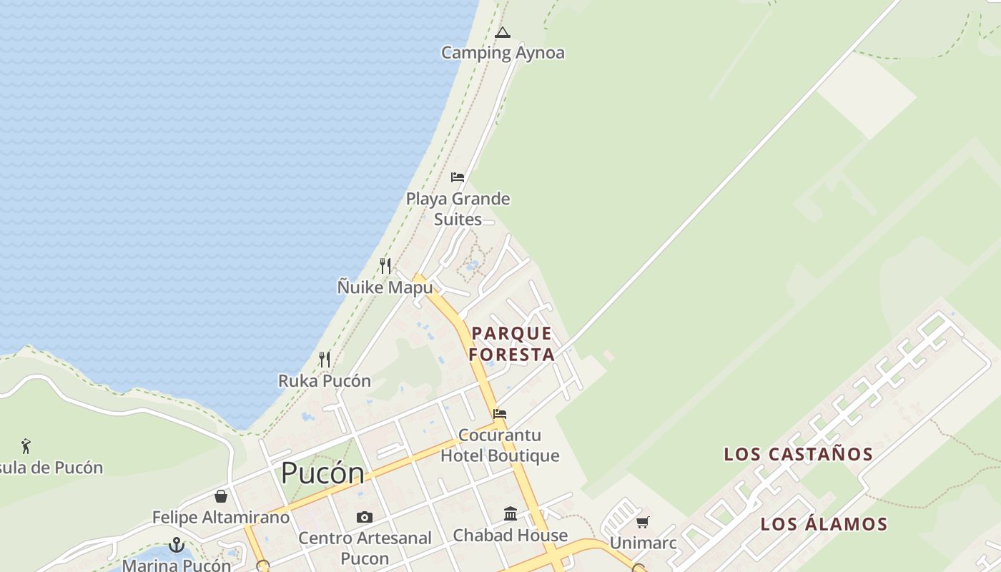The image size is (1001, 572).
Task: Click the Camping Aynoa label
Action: tap(502, 53)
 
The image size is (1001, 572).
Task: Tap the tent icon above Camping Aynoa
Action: tap(503, 32)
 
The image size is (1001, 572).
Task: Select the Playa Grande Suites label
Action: tap(458, 209)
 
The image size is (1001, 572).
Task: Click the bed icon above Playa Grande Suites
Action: tap(458, 177)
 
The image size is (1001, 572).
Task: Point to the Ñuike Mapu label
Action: tap(385, 287)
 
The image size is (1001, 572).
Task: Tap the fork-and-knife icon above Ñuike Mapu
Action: tap(385, 266)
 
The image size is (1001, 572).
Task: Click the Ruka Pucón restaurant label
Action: tap(325, 380)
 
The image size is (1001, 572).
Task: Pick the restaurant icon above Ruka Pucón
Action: tap(325, 359)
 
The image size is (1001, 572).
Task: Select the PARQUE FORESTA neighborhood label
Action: tap(511, 344)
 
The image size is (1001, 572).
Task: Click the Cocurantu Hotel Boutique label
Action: tap(500, 445)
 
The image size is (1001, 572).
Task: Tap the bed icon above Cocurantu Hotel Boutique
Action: tap(500, 414)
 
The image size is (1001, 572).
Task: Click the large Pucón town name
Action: tap(322, 473)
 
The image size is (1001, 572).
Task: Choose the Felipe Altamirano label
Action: tap(221, 517)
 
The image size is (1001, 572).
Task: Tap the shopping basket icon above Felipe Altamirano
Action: tap(221, 496)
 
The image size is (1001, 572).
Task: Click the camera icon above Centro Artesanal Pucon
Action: tap(365, 517)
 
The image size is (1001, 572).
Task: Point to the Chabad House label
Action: tap(511, 535)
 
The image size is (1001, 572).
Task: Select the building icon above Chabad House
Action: tap(511, 513)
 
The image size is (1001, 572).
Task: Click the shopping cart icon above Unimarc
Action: tap(642, 523)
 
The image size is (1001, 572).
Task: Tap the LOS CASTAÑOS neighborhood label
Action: tap(799, 454)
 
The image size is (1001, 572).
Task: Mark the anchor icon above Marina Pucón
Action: tap(177, 545)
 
